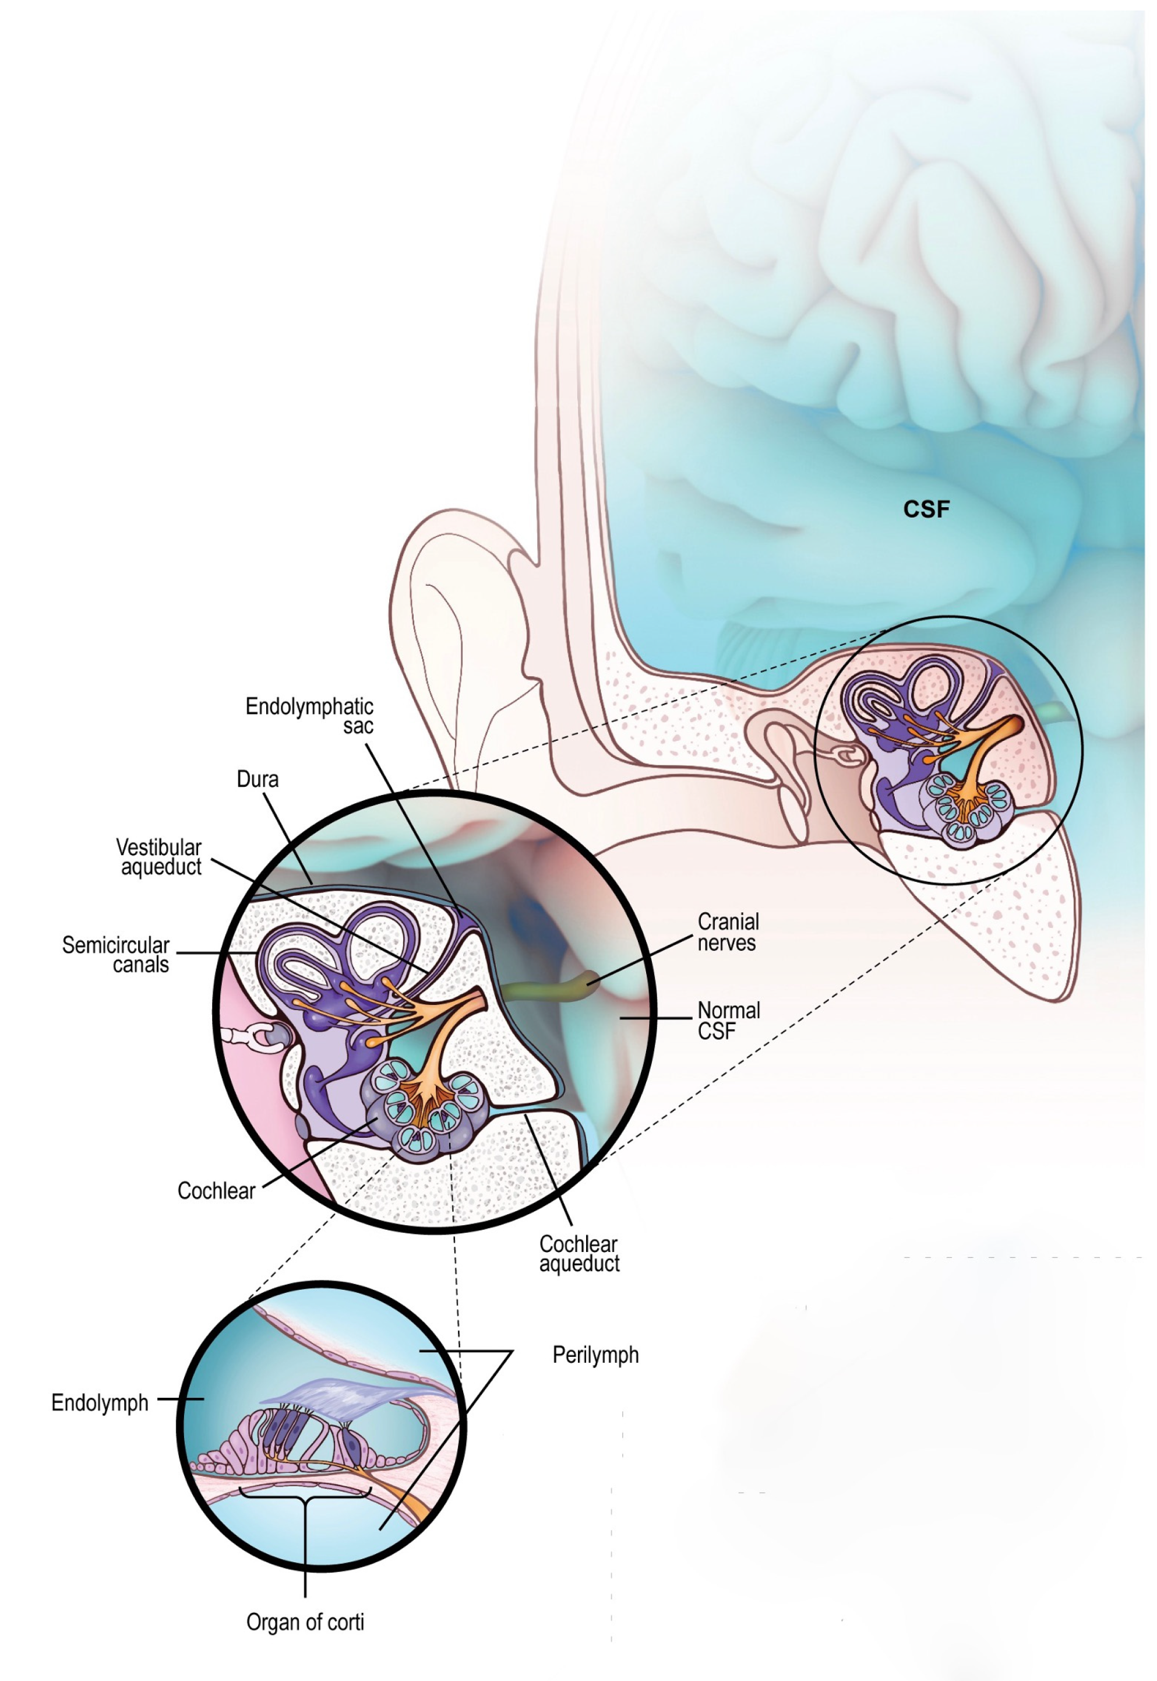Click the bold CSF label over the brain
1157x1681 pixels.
926,510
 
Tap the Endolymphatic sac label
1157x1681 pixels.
311,716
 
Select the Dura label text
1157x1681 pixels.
257,779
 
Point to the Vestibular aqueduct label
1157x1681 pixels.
160,857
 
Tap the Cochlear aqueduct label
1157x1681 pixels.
578,1253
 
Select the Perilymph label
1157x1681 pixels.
595,1355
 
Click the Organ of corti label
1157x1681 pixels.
305,1622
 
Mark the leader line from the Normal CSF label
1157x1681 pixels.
656,1018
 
